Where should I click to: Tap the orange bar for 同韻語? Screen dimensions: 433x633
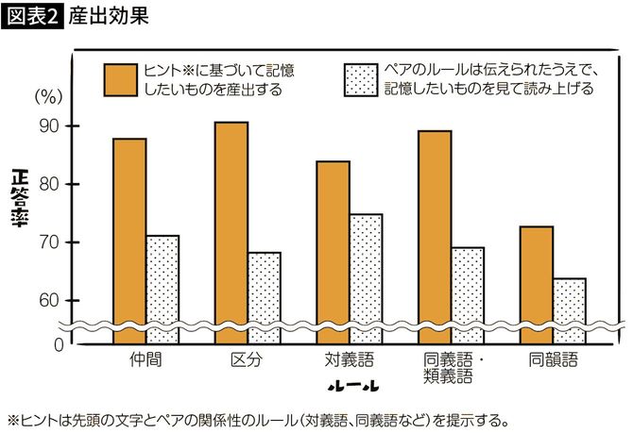coord(537,275)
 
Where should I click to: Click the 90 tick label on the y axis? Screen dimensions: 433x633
coord(47,126)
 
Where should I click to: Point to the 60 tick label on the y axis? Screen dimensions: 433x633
coord(47,301)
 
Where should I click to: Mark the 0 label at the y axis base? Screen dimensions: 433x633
coord(56,345)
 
